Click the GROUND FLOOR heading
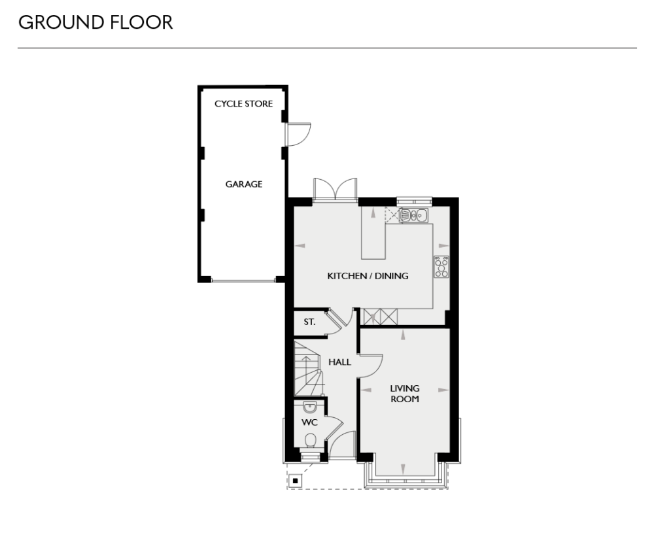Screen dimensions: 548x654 pyautogui.click(x=95, y=22)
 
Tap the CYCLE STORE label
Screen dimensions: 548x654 pyautogui.click(x=243, y=104)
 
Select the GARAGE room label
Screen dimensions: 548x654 pyautogui.click(x=243, y=184)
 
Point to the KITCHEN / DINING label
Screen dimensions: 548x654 pyautogui.click(x=368, y=276)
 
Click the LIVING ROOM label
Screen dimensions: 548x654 pyautogui.click(x=405, y=394)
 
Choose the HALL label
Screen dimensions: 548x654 pyautogui.click(x=339, y=362)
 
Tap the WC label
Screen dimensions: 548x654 pyautogui.click(x=309, y=422)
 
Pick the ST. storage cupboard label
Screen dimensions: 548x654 pyautogui.click(x=309, y=322)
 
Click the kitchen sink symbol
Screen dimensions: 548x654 pyautogui.click(x=413, y=215)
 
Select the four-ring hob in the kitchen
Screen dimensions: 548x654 pyautogui.click(x=441, y=266)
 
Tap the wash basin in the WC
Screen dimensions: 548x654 pyautogui.click(x=310, y=407)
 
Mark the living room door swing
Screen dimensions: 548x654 pyautogui.click(x=371, y=365)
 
